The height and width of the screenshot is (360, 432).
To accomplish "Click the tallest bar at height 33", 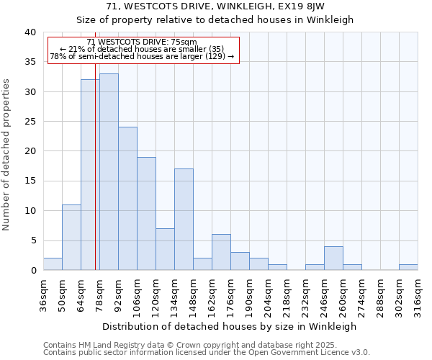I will [x=109, y=172].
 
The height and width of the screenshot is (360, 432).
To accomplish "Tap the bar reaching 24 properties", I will [x=127, y=199].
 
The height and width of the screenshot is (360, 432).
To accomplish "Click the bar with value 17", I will [x=184, y=220].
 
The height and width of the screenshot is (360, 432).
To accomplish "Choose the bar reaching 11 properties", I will [x=71, y=238].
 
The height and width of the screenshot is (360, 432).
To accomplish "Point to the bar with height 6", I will [x=221, y=252].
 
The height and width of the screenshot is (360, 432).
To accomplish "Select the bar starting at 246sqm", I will [x=333, y=258].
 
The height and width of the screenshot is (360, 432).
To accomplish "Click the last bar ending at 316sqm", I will [x=408, y=267].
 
